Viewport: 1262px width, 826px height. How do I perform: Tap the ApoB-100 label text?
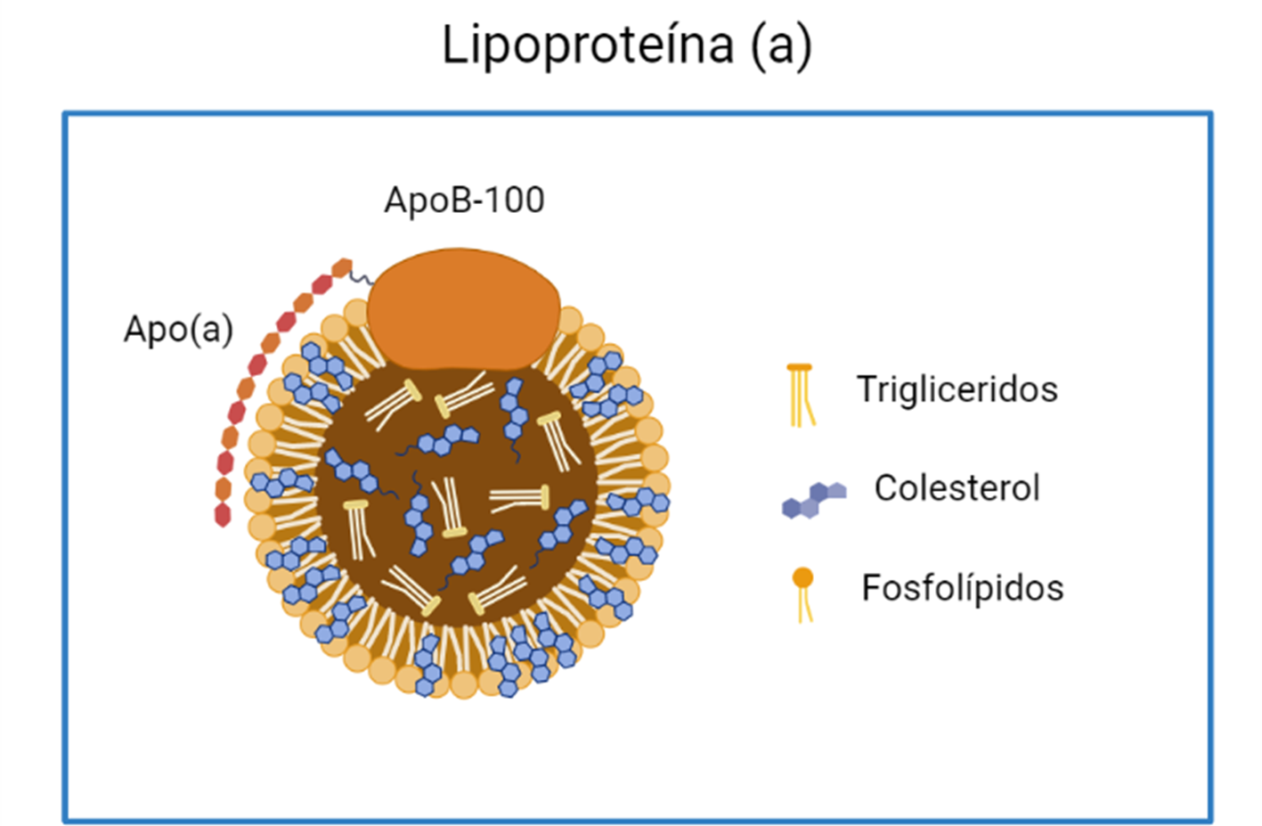pos(464,200)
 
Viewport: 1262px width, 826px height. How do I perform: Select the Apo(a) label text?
pos(178,329)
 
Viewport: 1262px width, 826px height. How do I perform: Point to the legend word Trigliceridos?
pos(957,389)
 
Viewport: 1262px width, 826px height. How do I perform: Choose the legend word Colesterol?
pos(957,487)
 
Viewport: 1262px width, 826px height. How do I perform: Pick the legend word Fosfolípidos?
pos(962,588)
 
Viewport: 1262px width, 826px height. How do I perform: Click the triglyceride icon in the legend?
pos(801,395)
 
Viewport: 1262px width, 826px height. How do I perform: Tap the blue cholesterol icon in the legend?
pos(813,499)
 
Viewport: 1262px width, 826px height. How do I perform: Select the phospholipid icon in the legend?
pos(803,593)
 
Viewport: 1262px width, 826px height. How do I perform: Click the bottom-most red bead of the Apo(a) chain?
pos(223,514)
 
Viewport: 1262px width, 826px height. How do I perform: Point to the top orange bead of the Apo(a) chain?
pos(342,268)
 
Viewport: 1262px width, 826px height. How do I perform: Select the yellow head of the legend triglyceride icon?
pos(800,367)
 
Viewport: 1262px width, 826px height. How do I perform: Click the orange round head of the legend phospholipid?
pos(803,577)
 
